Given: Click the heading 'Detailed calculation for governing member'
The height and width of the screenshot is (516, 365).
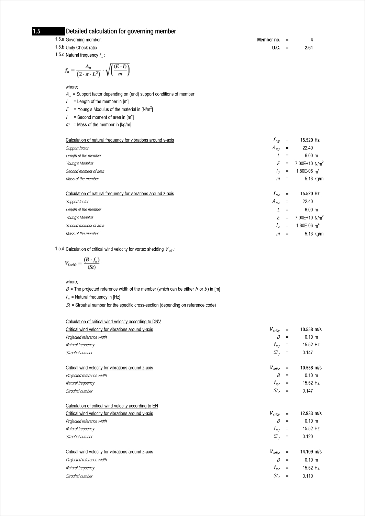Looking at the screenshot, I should [121, 31].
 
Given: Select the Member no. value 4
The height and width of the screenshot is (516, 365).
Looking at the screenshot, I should [311, 40].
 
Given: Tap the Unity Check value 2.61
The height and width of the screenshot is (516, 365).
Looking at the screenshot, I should [309, 48].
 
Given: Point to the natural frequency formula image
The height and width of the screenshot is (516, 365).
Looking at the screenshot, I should [97, 70].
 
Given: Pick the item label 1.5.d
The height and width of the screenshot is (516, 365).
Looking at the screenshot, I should [59, 249].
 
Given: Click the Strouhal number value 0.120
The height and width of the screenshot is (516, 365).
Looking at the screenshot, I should [308, 437].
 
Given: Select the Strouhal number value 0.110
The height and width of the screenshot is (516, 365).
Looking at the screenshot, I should [308, 476].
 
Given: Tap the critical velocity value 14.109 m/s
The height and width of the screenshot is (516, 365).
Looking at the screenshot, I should [311, 452].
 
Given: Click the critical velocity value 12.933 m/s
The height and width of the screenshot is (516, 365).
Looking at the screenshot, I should [311, 414].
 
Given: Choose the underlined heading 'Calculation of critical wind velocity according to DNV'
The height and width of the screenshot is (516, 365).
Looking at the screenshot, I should [113, 322].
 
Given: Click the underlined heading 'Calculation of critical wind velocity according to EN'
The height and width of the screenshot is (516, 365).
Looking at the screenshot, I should [112, 406].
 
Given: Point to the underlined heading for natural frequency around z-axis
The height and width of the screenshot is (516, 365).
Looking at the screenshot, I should [120, 194].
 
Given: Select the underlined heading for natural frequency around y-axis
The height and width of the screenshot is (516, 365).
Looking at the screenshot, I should [120, 140].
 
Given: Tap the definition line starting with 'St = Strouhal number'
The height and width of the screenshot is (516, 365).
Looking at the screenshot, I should [141, 305].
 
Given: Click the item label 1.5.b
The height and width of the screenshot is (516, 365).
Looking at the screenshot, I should [59, 47].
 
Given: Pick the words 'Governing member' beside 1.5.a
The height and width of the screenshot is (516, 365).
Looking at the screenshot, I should [83, 40].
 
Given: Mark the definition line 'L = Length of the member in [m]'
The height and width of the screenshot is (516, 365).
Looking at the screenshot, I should [97, 102].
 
